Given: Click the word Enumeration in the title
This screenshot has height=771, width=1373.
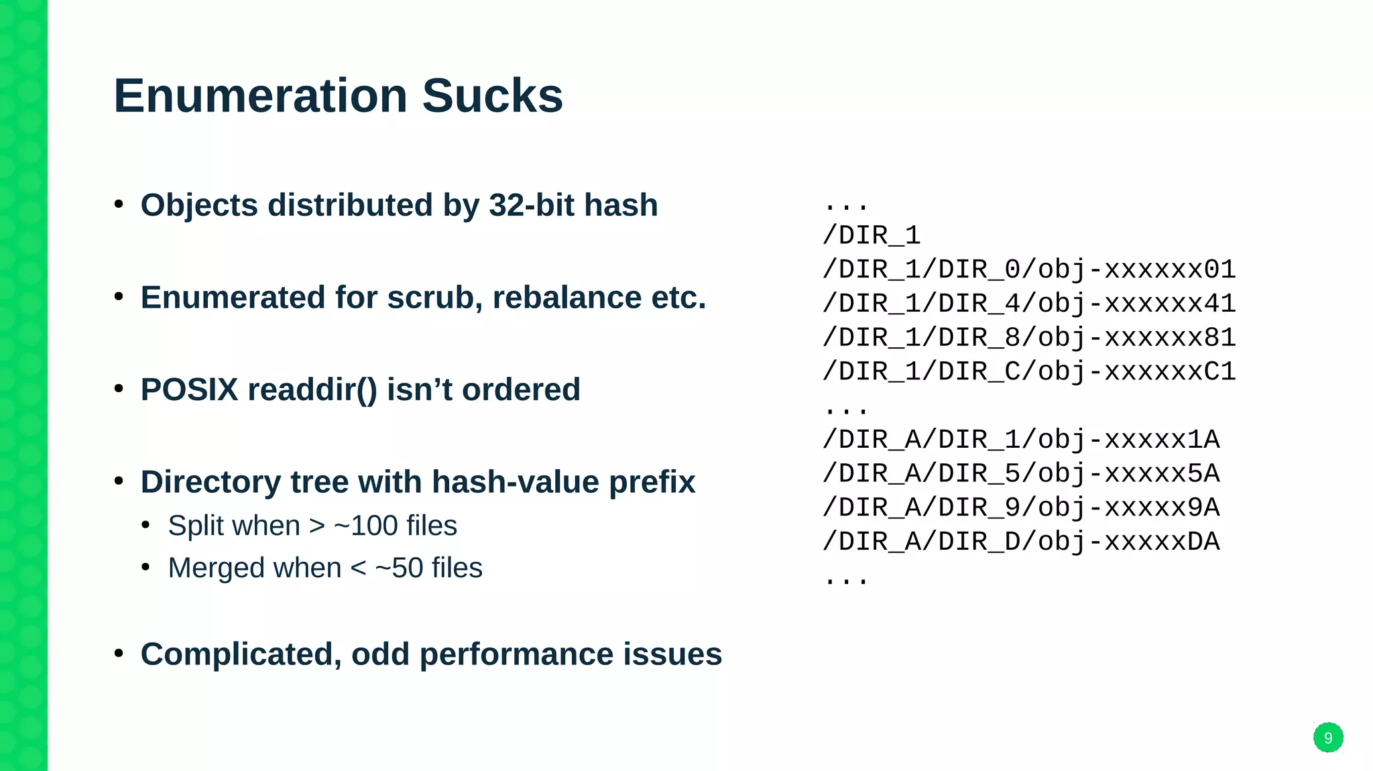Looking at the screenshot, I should click(x=260, y=96).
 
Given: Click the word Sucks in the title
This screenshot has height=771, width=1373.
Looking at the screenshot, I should click(x=492, y=96).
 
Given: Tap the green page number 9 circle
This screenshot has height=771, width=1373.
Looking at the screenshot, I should click(x=1327, y=737).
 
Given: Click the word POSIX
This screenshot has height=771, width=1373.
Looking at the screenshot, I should click(x=189, y=390).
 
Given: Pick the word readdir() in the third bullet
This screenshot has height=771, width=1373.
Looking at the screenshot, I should click(x=312, y=390).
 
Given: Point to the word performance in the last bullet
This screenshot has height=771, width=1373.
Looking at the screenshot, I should click(x=516, y=655).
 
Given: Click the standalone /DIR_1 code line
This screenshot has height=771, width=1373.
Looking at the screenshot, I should click(x=872, y=235).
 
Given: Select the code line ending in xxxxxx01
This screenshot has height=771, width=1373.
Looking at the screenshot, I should click(x=1029, y=270).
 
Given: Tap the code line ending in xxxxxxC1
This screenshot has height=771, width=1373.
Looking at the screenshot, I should click(x=1029, y=371).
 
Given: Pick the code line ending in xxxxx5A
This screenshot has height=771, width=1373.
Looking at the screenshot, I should click(x=1021, y=473).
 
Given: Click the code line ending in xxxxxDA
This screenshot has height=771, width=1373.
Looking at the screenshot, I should click(x=1021, y=541).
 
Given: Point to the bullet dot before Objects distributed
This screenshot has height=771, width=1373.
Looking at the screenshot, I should click(x=119, y=204).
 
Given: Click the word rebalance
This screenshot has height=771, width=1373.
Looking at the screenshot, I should click(x=566, y=298).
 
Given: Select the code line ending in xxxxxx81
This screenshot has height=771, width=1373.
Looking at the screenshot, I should click(x=1029, y=337).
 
